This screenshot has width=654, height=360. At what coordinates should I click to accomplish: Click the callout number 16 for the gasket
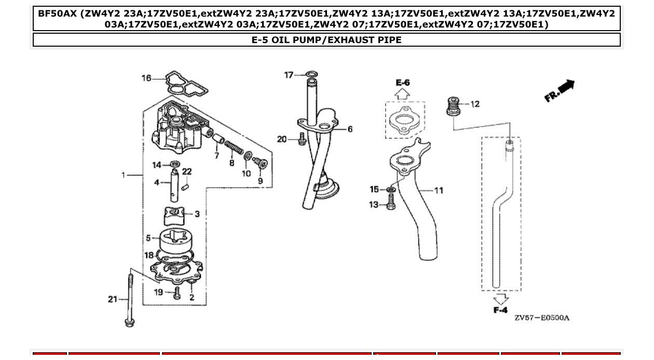point(147,78)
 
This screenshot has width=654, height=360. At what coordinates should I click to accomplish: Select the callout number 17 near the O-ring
point(289,75)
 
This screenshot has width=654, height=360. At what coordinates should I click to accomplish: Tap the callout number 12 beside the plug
point(475,104)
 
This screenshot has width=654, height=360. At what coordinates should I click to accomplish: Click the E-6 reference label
point(403,82)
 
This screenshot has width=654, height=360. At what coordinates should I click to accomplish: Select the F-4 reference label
point(500,310)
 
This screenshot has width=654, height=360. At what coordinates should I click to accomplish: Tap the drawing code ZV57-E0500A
point(541,317)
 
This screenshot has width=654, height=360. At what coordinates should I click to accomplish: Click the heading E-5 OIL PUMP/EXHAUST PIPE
point(326,40)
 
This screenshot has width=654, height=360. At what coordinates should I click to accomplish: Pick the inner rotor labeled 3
point(174,214)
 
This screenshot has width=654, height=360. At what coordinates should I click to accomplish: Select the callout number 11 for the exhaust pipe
point(439,190)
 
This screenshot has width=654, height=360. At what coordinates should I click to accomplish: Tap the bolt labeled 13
point(391,205)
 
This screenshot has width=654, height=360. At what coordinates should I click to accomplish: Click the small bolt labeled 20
point(302,140)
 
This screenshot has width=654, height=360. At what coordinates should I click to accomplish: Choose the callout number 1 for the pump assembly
point(124,175)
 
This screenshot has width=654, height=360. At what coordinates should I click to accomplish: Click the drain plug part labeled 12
point(454,106)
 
